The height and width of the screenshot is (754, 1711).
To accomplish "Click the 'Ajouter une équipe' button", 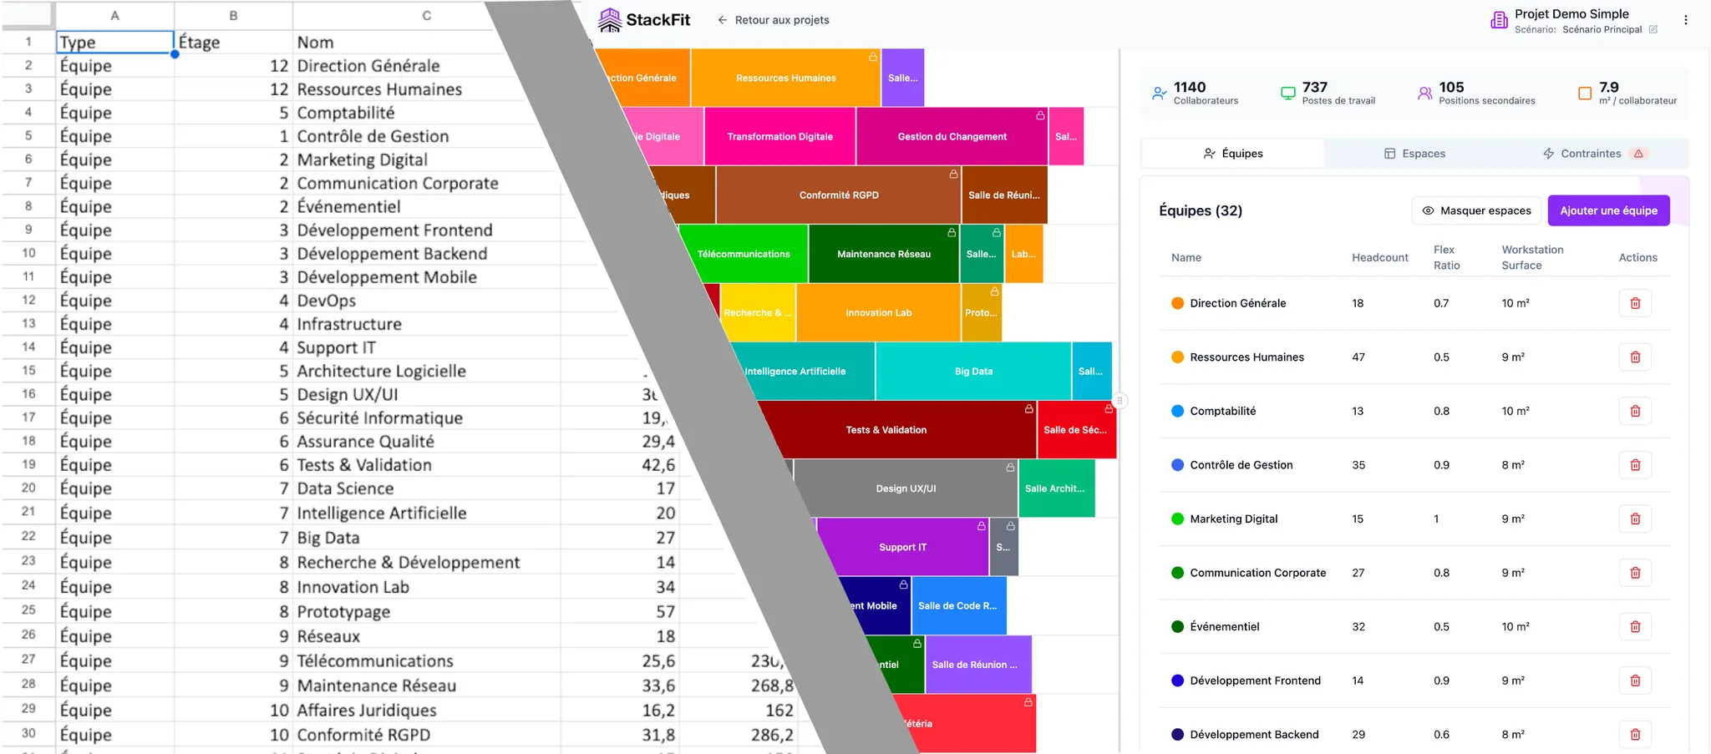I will click(x=1608, y=210).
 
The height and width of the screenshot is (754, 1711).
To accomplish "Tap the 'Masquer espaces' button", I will click(x=1476, y=210).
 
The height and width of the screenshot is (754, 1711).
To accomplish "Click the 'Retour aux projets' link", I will click(x=773, y=20).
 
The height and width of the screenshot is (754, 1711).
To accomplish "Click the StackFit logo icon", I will click(x=610, y=20).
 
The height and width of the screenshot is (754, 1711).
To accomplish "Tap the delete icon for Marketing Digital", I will click(x=1635, y=519).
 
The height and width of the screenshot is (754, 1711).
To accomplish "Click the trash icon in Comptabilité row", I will click(x=1635, y=411).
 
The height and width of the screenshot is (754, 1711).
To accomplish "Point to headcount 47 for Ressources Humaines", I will click(x=1358, y=357).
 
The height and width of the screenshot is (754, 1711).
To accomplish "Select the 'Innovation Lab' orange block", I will click(x=878, y=313).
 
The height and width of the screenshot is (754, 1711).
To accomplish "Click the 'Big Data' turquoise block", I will click(x=973, y=372).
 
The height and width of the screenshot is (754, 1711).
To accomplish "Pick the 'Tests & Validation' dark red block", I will click(x=886, y=430).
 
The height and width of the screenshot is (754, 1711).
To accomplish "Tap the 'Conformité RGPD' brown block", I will click(x=839, y=195).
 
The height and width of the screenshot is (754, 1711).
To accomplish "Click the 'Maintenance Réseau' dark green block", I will click(x=883, y=254).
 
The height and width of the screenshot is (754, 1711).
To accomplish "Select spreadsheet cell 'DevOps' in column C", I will click(x=327, y=301).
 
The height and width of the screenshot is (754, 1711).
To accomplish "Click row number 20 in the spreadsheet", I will click(x=28, y=488).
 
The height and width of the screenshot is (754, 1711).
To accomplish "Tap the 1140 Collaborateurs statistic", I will click(x=1196, y=93).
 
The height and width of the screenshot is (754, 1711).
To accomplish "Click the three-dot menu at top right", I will click(x=1685, y=20).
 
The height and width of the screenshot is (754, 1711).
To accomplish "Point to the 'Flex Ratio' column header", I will click(x=1446, y=257).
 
